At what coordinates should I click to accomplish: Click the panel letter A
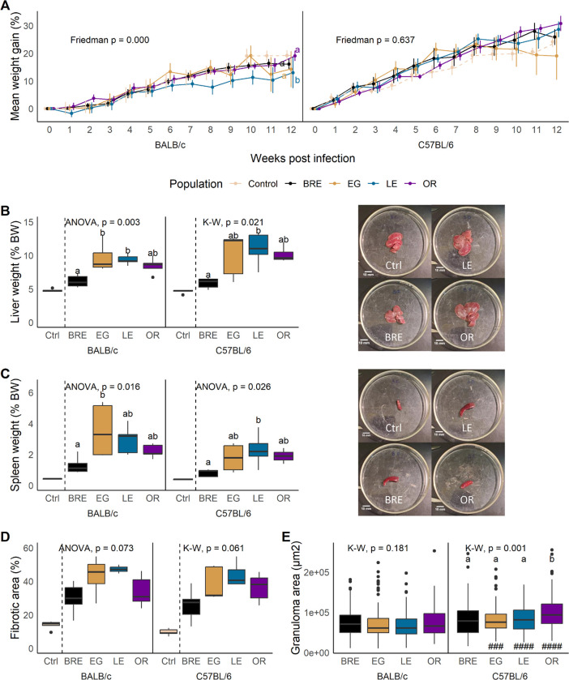(7, 7)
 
